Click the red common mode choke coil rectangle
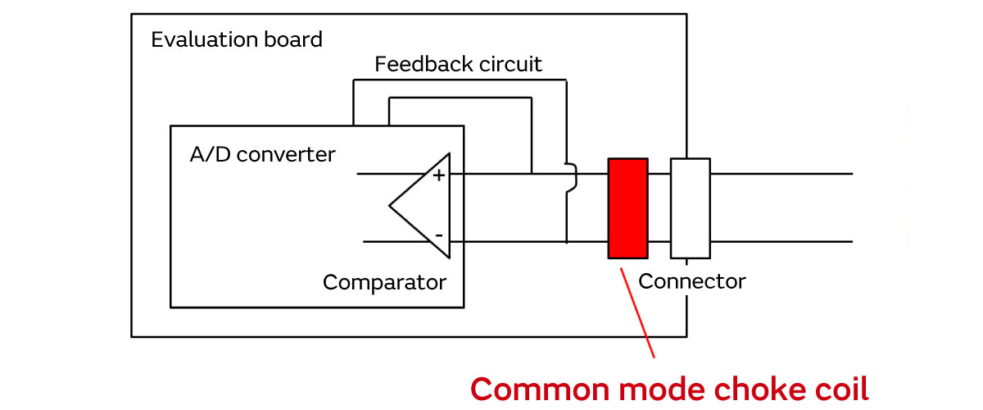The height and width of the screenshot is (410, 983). pos(627,207)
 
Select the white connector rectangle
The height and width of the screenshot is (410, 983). pos(690,207)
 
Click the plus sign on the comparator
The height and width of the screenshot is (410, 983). pos(438,175)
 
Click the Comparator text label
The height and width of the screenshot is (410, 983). pos(384,283)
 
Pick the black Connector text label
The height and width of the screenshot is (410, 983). pos(692,281)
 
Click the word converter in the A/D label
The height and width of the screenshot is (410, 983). pos(286,154)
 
